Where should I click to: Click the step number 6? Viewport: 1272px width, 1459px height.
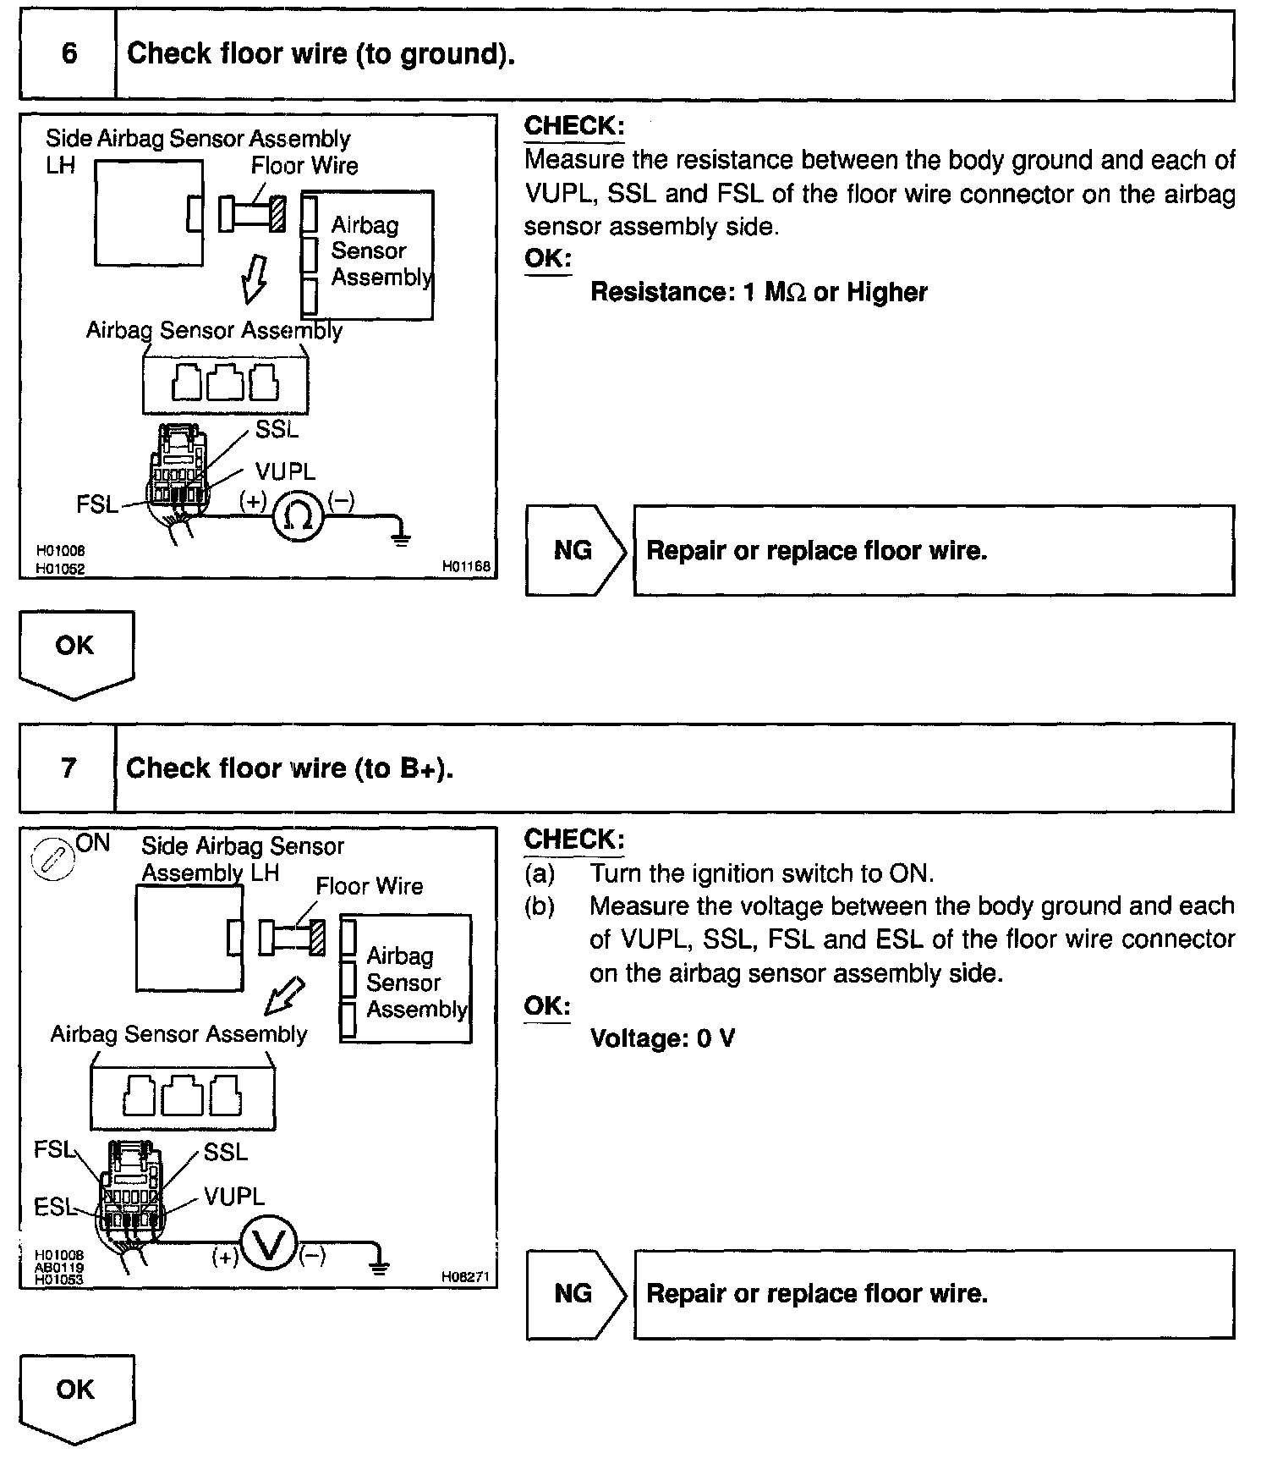69,54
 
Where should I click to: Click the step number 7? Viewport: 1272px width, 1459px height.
69,768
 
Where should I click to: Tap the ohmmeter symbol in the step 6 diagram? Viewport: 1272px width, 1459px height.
298,515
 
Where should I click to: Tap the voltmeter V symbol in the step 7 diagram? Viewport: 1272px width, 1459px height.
269,1249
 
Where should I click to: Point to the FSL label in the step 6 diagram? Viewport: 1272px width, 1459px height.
97,504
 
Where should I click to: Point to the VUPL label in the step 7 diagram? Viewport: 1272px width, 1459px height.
234,1197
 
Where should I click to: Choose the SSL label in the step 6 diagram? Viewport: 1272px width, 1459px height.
277,430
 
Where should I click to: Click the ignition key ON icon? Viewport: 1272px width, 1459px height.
49,860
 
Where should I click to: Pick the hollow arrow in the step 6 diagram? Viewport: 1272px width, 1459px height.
255,278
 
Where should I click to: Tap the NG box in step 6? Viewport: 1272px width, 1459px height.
574,551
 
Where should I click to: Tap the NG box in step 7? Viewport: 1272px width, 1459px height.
574,1294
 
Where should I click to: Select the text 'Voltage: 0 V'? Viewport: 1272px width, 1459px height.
662,1038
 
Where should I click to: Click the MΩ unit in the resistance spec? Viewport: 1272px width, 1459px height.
785,293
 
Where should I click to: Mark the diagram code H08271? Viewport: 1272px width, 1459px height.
465,1277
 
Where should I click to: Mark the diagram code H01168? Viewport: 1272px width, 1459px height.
466,565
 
